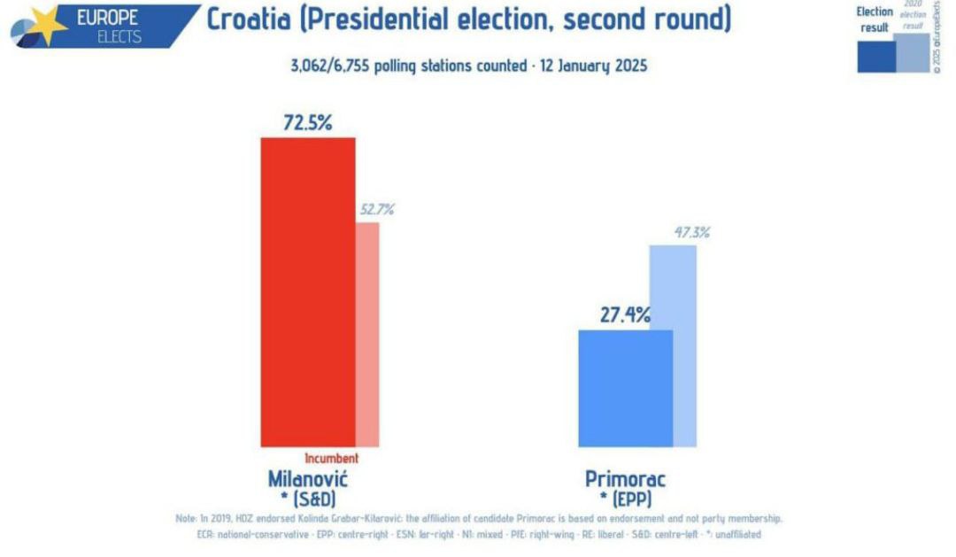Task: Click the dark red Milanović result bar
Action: pyautogui.click(x=307, y=292)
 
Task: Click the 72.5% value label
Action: pyautogui.click(x=307, y=123)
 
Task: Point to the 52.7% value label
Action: pyautogui.click(x=376, y=210)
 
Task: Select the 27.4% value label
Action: pyautogui.click(x=624, y=314)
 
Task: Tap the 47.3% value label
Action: pyautogui.click(x=691, y=233)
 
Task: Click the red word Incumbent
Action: pyautogui.click(x=332, y=459)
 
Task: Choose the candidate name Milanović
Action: pyautogui.click(x=307, y=478)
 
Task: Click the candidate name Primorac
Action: pyautogui.click(x=625, y=479)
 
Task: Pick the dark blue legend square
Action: pyautogui.click(x=875, y=56)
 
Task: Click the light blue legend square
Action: pyautogui.click(x=912, y=53)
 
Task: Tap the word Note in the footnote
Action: pyautogui.click(x=186, y=519)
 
